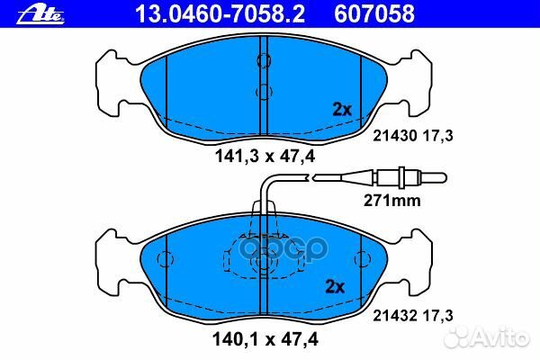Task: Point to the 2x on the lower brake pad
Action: [335, 288]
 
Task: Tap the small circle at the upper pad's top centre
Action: [265, 60]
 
